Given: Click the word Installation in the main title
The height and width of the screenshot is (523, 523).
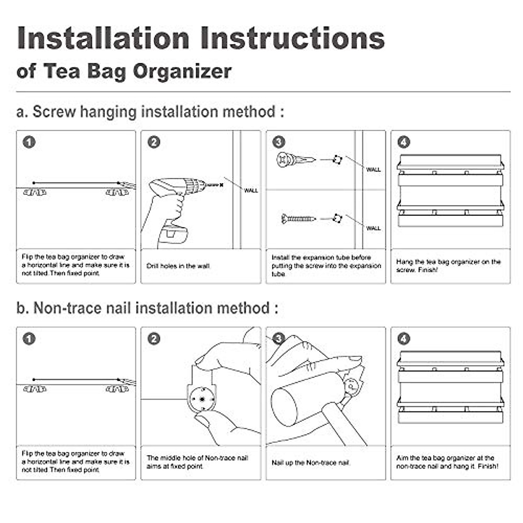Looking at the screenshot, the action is (x=103, y=38).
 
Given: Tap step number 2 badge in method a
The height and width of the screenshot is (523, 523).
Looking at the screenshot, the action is (x=154, y=142).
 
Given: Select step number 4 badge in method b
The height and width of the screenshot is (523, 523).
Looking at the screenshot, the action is (x=404, y=339).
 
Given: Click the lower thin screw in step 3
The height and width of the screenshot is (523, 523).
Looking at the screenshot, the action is (x=298, y=217).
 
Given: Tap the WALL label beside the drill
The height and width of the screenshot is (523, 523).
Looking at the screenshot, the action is (x=251, y=190).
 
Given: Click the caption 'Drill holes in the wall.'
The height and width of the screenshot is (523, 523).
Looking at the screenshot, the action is (x=179, y=266).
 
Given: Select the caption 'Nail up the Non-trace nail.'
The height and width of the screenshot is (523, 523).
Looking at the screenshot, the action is (x=311, y=462).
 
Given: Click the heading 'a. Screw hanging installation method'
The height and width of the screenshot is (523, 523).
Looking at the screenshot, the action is (x=150, y=112).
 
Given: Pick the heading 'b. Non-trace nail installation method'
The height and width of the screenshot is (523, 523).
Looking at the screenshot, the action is (x=147, y=308).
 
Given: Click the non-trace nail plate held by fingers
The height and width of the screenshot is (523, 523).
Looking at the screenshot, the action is (x=201, y=397).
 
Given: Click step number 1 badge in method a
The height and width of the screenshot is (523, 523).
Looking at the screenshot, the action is (x=29, y=142).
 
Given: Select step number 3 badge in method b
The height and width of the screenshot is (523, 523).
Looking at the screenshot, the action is (x=278, y=339).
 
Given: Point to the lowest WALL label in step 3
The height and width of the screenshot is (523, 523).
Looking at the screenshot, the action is (x=373, y=228).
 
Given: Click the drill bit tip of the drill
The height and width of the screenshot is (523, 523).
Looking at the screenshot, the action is (x=221, y=185).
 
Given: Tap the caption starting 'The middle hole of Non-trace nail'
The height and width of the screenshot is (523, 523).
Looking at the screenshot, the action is (x=197, y=462).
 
